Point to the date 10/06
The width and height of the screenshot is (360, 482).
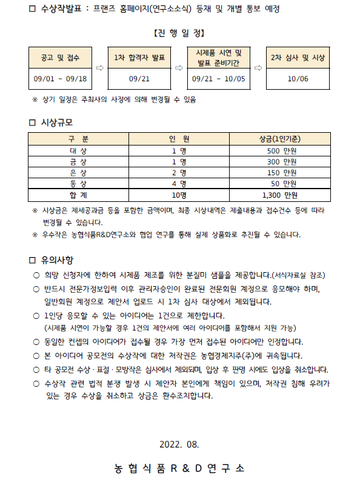click(x=298, y=78)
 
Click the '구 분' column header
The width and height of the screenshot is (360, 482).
click(x=78, y=139)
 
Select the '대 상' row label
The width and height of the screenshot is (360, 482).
click(x=78, y=150)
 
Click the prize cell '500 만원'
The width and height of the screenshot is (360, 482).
click(x=282, y=150)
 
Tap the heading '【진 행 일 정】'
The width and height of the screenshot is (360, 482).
click(x=179, y=32)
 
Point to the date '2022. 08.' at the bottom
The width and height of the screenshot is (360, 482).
click(x=179, y=444)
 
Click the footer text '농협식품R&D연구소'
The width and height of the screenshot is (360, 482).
click(x=179, y=468)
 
